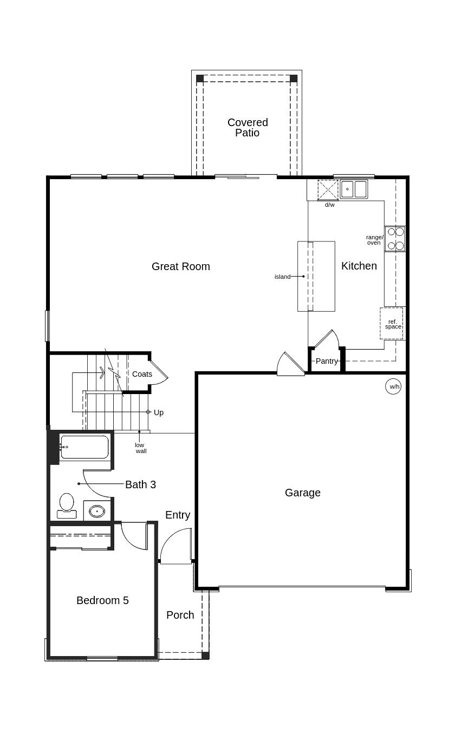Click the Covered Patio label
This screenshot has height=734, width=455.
coord(248,127)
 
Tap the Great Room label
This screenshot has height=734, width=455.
coord(180,266)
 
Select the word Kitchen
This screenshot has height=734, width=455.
coord(359,266)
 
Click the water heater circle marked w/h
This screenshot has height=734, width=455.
coord(393,386)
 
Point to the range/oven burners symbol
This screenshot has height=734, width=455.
coord(395,239)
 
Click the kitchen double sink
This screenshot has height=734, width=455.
coord(354,189)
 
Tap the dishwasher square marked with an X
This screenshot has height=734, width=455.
coord(328,190)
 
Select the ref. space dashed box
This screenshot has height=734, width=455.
coord(392,323)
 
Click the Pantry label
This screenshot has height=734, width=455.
coord(327,361)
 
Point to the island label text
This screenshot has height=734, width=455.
coord(283,277)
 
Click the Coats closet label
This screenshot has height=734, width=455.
coord(142,374)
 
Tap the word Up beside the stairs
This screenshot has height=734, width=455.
coord(159,412)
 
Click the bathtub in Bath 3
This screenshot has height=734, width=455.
coord(84,447)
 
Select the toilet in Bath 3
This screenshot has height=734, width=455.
coord(67,506)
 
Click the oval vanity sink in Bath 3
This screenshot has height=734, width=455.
coord(97,511)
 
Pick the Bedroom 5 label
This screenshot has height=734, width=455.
coord(102,600)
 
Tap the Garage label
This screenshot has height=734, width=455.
coord(303,493)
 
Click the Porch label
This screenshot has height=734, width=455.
coord(180,615)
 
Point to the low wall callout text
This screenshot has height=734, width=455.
coord(141,448)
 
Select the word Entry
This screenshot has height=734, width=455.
coord(178,515)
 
